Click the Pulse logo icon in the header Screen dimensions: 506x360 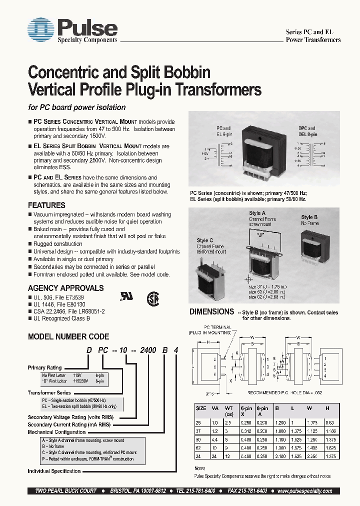click(40, 30)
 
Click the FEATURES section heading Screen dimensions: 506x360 click(46, 205)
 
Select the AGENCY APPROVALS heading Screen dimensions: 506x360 click(65, 288)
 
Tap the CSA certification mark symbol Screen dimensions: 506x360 click(152, 298)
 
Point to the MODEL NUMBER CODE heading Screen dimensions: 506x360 click(68, 336)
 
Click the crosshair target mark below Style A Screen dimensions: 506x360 click(246, 278)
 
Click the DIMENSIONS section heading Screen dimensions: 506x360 click(211, 311)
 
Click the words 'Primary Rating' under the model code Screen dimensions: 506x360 click(44, 367)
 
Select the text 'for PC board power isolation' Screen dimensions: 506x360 click(76, 107)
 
